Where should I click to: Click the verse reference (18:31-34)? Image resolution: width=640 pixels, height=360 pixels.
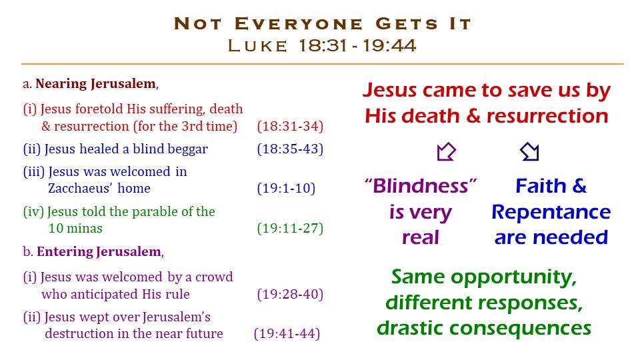click(290, 127)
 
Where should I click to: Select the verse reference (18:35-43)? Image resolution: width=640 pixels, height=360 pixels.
click(290, 149)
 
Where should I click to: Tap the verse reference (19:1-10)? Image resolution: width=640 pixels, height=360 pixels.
click(286, 189)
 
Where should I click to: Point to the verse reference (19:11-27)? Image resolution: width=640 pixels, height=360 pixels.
click(290, 228)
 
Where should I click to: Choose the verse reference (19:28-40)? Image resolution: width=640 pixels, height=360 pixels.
click(290, 294)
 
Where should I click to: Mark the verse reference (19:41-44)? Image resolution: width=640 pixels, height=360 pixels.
click(287, 334)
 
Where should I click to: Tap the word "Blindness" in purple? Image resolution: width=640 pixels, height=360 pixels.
click(421, 186)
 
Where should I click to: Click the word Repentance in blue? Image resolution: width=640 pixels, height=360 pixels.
click(551, 213)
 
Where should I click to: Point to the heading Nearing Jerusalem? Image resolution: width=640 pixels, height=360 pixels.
click(95, 84)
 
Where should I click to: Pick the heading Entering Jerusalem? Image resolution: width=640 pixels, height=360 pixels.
click(99, 252)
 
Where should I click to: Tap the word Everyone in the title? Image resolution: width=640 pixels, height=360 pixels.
click(299, 24)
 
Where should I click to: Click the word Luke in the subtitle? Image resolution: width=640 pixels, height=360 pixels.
click(257, 46)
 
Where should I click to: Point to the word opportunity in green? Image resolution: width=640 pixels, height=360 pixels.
click(514, 278)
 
